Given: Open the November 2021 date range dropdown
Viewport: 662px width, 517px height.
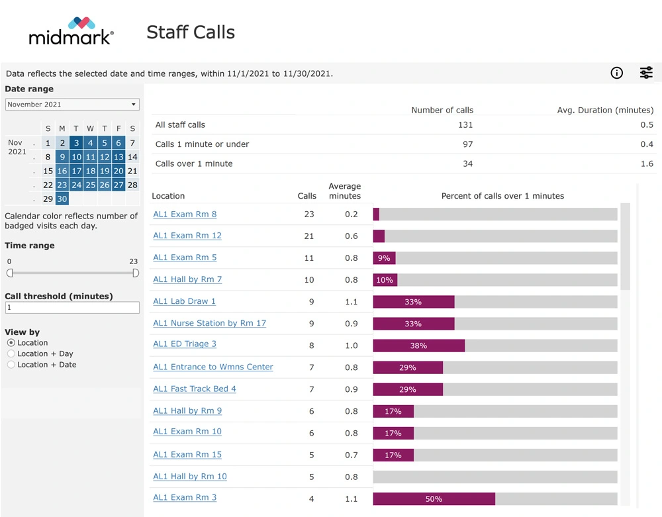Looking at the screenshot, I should [72, 105].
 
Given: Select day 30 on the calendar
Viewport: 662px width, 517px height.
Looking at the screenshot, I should [62, 199].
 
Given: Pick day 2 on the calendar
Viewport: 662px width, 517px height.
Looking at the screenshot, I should [62, 143].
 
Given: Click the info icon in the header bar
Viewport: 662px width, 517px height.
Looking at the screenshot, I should [616, 73].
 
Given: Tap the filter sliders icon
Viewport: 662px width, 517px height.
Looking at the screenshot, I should [646, 73].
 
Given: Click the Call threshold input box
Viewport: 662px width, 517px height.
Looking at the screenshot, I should [72, 308].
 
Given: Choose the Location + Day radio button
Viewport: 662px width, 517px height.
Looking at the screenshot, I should [11, 354].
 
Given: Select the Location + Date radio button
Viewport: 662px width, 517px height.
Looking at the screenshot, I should [11, 365].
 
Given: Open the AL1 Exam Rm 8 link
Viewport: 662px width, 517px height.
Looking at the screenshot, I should [185, 214].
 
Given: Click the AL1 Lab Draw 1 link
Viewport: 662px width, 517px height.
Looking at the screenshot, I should [184, 301].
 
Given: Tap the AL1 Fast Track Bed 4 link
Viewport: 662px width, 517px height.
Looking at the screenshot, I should [195, 389].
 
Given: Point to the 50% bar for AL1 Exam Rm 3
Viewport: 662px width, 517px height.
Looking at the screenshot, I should [434, 498].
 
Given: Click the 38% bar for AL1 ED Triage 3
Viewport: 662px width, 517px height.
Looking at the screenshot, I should [418, 346].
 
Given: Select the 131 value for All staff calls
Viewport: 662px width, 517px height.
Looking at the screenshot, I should [466, 124].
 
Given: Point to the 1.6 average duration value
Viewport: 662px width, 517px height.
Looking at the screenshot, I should [647, 164].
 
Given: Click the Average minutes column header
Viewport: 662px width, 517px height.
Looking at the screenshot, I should [344, 191].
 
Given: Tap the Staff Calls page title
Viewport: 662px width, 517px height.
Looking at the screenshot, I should [191, 32].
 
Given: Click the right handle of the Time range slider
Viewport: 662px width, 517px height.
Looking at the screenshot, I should [136, 273].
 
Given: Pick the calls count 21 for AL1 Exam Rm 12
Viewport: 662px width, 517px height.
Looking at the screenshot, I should [308, 236].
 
